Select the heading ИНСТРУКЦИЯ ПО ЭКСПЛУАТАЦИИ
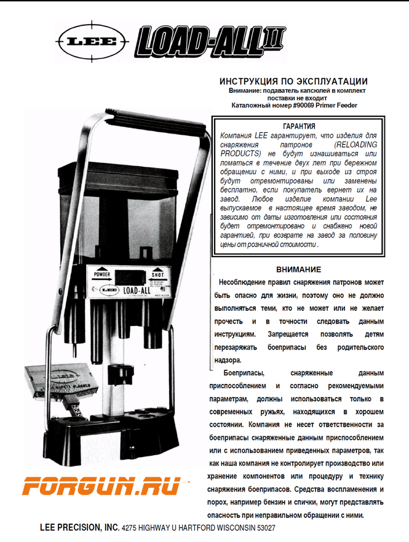(293, 81)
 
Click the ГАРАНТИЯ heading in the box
(300, 126)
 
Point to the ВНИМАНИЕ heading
(298, 269)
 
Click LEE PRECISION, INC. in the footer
(79, 527)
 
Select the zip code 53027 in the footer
(264, 528)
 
